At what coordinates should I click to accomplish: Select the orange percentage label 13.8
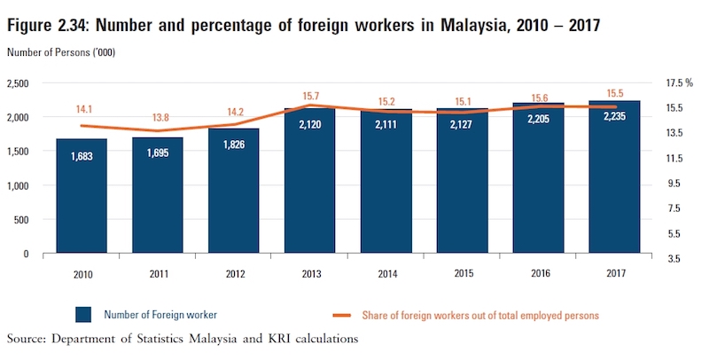[x=158, y=118]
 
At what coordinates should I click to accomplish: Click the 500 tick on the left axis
[x=35, y=220]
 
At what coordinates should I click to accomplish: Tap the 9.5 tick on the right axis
[x=672, y=184]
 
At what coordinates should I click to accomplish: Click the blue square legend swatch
[x=84, y=315]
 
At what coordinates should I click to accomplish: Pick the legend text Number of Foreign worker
[x=160, y=315]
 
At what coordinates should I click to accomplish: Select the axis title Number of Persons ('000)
[x=61, y=53]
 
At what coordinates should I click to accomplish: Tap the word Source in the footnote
[x=27, y=339]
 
